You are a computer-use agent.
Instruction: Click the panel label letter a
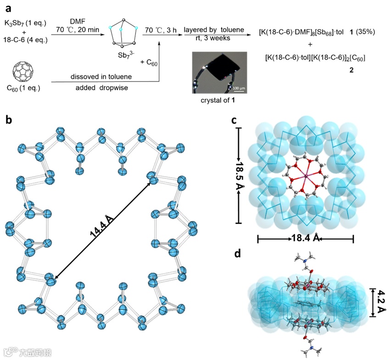pyautogui.click(x=7, y=7)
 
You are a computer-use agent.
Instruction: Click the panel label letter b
pyautogui.click(x=8, y=120)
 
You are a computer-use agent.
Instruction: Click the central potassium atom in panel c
pyautogui.click(x=305, y=176)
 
